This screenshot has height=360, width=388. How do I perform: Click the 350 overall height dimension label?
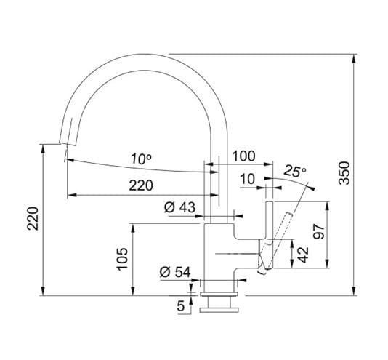click(x=344, y=172)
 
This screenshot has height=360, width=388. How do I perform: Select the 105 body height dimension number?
click(x=122, y=258)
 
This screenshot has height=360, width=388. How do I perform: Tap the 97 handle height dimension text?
click(x=318, y=231)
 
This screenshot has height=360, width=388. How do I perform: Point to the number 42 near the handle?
click(x=303, y=255)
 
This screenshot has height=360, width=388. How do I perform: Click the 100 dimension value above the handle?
click(x=243, y=156)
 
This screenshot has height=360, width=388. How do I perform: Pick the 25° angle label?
click(x=295, y=171)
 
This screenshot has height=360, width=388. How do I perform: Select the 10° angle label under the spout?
click(x=141, y=159)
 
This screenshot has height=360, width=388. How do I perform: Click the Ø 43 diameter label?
click(x=179, y=207)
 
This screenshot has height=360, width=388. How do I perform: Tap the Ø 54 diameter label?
click(x=175, y=272)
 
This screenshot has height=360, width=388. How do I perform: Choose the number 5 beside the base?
click(x=181, y=306)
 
